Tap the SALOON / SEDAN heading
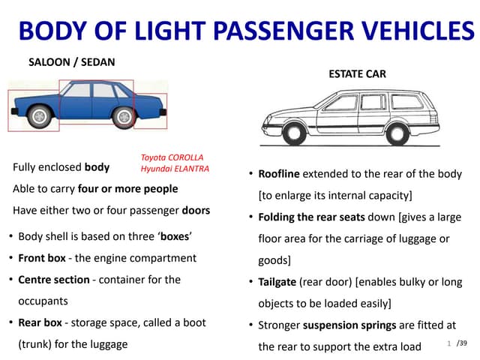click(x=72, y=62)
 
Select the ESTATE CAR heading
click(x=358, y=74)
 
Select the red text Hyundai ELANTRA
click(x=175, y=169)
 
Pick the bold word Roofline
click(x=279, y=174)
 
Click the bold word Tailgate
click(x=277, y=283)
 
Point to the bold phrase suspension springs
click(x=346, y=325)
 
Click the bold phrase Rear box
click(x=40, y=322)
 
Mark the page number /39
click(x=461, y=343)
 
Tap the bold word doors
click(x=194, y=210)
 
